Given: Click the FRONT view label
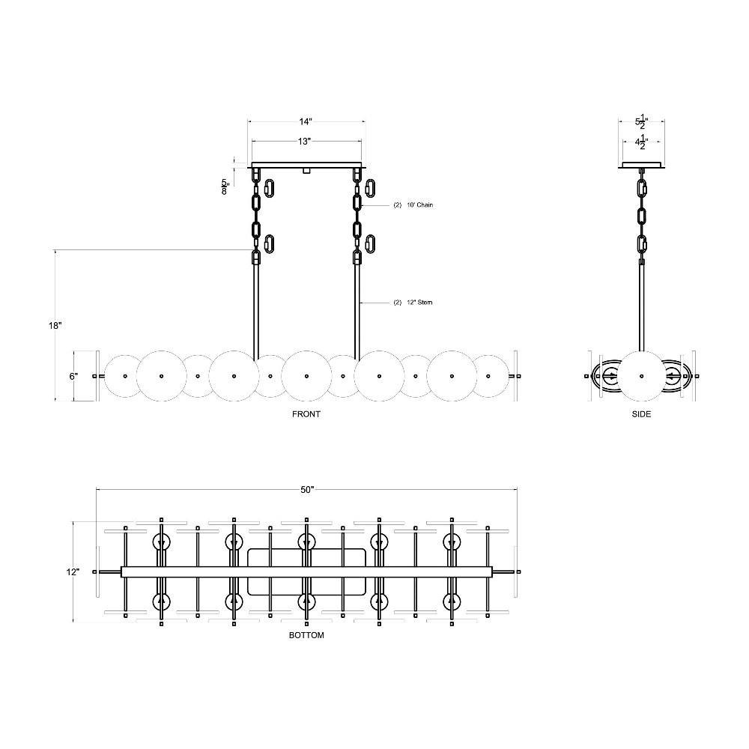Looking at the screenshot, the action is pos(306,414).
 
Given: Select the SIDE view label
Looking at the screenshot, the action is pos(641,414).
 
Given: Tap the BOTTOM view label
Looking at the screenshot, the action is pos(306,635).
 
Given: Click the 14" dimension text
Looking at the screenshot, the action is pos(306,121).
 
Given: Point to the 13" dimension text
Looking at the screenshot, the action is pos(305,142).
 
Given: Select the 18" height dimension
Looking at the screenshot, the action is pos(55,326).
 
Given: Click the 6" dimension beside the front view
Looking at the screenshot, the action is pos(73,377).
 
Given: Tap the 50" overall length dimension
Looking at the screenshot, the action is pos(307,490).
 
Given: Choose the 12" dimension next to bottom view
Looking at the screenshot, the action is pos(73,571).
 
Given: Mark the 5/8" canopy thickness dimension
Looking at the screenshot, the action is pos(225,187).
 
